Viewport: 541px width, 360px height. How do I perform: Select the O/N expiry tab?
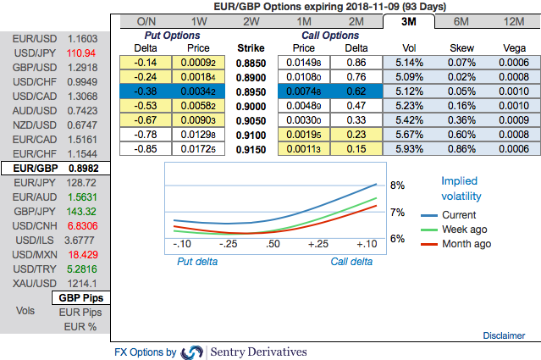coord(145,21)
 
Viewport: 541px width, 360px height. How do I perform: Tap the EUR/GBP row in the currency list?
coord(55,169)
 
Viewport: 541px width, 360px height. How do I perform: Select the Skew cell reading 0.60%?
coord(461,134)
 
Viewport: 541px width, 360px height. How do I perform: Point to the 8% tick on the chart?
coord(397,185)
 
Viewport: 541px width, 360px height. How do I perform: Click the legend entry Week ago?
coord(459,230)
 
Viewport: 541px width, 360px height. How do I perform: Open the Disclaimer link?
coord(504,335)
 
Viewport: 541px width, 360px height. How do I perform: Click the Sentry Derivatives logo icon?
coord(193,352)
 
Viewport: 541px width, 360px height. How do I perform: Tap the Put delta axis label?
coord(197,262)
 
